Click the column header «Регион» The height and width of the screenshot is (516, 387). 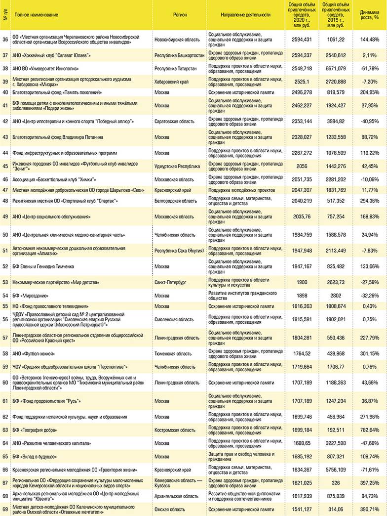[x=180, y=15]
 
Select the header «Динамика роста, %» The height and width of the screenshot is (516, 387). [x=369, y=15]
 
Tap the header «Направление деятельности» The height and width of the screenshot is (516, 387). [x=246, y=15]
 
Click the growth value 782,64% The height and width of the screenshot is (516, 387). [x=369, y=430]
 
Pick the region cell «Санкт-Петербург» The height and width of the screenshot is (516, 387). [x=170, y=282]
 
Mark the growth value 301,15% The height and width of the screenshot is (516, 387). [x=369, y=353]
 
